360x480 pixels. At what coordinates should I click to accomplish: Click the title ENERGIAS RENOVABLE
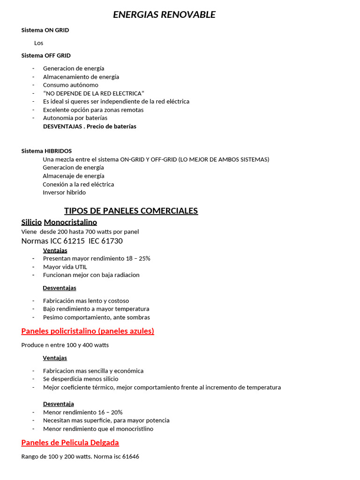click(164, 15)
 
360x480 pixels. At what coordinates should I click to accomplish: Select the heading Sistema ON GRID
click(45, 30)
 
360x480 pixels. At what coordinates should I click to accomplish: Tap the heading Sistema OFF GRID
click(46, 55)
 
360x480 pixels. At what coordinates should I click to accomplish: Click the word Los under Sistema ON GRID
click(38, 43)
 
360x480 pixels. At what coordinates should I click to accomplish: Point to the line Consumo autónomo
click(71, 85)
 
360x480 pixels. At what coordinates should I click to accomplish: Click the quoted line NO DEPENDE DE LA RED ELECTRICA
click(94, 93)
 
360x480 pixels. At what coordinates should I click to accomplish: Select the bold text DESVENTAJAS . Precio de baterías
click(90, 127)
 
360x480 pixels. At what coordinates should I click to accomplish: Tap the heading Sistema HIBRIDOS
click(46, 151)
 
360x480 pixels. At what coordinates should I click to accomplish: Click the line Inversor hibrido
click(64, 193)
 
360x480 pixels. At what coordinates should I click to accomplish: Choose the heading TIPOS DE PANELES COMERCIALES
click(131, 211)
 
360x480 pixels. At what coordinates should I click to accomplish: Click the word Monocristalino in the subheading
click(70, 222)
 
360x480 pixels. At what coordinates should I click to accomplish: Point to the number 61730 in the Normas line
click(112, 241)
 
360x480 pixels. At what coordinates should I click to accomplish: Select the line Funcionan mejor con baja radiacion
click(91, 275)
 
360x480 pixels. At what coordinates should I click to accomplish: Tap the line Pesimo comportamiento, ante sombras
click(96, 317)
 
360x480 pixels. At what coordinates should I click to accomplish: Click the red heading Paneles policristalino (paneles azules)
click(88, 331)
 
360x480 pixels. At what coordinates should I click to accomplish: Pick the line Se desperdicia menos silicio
click(81, 379)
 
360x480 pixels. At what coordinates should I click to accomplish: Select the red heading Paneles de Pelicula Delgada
click(70, 442)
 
